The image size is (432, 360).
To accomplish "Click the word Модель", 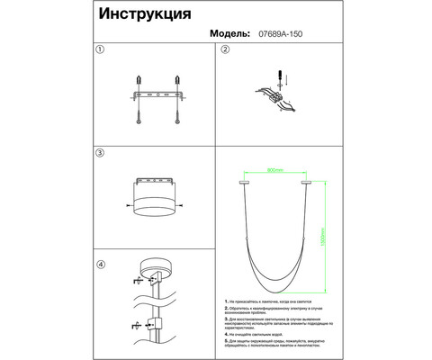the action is click(230, 32).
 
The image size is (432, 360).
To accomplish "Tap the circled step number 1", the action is click(101, 51).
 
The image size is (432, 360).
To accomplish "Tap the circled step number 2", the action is click(226, 51).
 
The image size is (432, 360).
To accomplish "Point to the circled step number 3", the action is click(101, 154).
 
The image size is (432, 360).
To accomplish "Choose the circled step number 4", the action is click(101, 265).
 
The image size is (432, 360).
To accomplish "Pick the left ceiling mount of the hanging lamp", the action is click(245, 180).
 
